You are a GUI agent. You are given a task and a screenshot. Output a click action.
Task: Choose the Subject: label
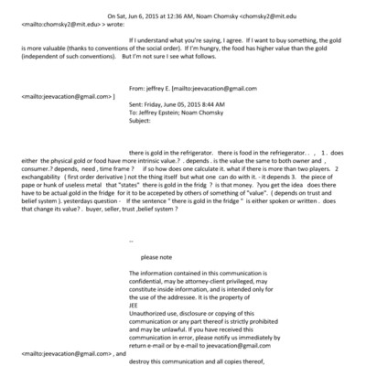pyautogui.click(x=145, y=148)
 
